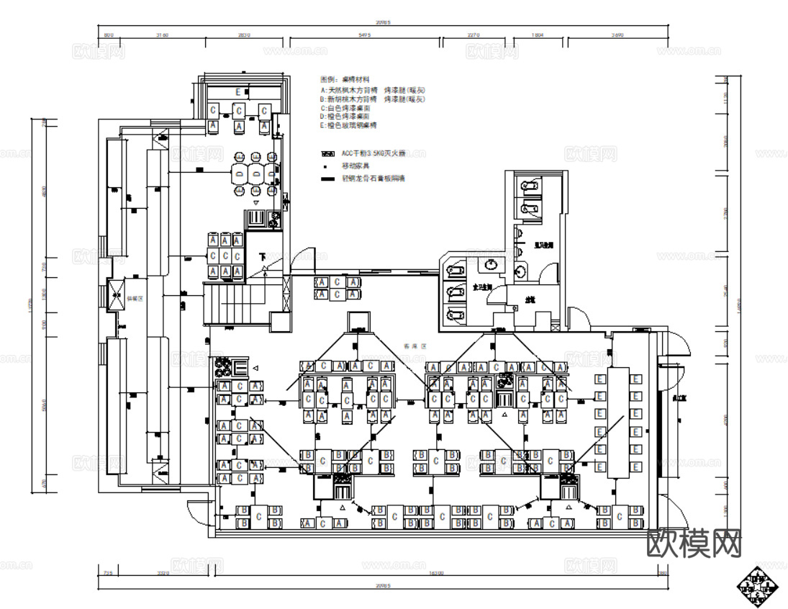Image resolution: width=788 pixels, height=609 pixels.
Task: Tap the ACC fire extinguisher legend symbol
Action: coord(328,153)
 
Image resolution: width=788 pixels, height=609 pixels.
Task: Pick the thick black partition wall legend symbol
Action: coord(328,179)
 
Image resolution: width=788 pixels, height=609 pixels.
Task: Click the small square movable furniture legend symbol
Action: coord(328,166)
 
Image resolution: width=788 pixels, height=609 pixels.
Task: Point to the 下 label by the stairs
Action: coord(263,257)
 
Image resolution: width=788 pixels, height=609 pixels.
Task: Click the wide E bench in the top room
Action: coord(237,92)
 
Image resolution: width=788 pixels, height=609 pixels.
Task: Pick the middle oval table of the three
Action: coord(255,173)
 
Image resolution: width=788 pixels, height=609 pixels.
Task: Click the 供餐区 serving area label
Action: coord(137,297)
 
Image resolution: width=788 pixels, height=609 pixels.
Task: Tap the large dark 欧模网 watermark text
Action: coord(694,543)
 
